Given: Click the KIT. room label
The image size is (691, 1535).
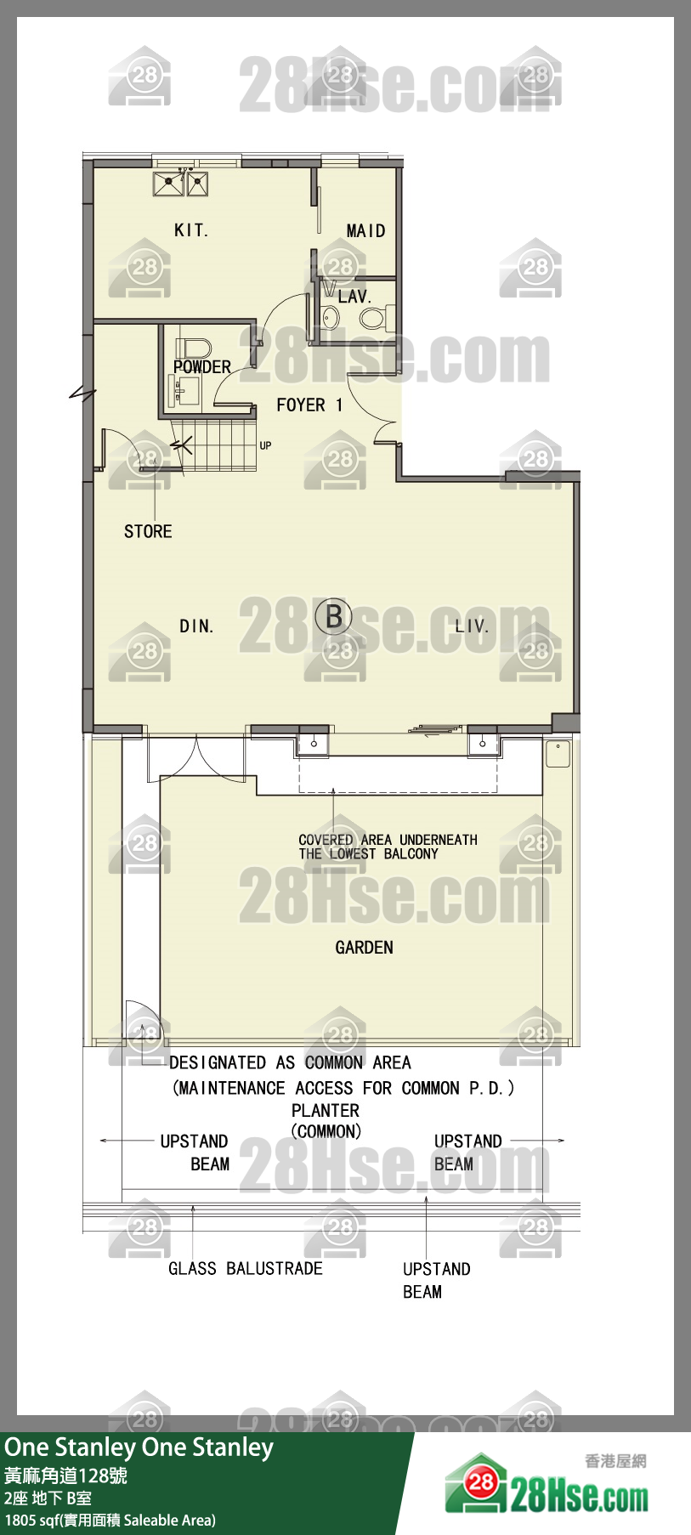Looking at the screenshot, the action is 190,230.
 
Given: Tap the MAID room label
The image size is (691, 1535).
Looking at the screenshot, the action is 365,231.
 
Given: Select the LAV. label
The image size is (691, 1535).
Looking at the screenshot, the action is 354,297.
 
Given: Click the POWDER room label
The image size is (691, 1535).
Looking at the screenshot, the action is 202,367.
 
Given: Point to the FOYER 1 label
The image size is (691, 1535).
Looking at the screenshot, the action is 309,405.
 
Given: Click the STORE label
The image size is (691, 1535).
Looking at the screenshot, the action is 148,532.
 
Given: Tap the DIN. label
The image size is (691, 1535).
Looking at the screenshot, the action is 196,626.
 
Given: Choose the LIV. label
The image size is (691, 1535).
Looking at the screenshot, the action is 472,626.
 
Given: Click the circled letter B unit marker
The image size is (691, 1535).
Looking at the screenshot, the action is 333,616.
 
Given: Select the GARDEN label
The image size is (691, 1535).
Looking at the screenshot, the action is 364,948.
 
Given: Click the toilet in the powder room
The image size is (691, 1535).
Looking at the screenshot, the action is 193,348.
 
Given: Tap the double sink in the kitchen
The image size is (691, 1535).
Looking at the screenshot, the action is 180,184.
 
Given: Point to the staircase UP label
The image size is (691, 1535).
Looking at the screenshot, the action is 265,445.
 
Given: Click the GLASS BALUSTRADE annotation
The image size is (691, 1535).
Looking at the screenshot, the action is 246,1269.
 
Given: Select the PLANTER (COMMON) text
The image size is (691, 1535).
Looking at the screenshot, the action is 326,1121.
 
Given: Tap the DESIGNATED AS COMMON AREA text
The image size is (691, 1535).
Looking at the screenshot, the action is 290,1062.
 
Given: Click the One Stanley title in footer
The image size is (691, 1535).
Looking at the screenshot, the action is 139,1447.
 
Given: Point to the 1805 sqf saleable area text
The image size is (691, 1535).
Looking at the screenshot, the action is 110,1520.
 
